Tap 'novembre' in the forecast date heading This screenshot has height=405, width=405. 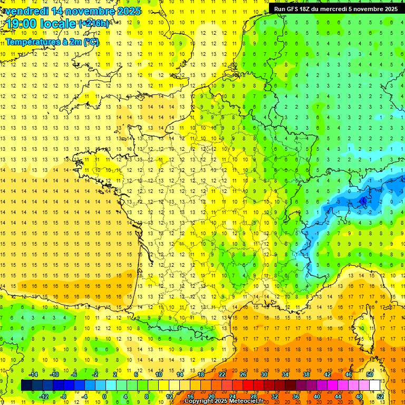(91, 11)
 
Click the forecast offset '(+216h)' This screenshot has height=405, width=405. (94, 24)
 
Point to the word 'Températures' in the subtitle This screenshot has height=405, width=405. (32, 42)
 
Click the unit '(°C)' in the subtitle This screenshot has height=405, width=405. (90, 42)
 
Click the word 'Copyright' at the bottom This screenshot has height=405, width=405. (199, 401)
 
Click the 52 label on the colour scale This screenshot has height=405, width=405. (380, 397)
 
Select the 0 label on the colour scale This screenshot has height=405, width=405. (104, 397)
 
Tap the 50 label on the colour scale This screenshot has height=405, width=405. (370, 374)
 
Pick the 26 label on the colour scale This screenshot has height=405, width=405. (243, 374)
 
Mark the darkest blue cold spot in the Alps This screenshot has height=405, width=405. (363, 200)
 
